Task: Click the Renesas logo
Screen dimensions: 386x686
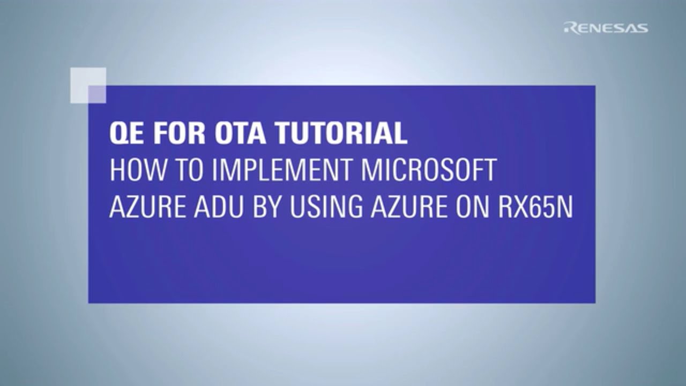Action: [x=606, y=28]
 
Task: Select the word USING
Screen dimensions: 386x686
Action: [x=326, y=207]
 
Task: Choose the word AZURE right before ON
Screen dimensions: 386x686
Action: [x=408, y=207]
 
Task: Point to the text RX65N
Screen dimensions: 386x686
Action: [x=535, y=207]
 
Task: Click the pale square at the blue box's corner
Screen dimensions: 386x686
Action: [x=88, y=85]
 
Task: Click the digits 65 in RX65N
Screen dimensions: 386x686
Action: [x=542, y=207]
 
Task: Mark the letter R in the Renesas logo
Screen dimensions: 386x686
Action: [x=570, y=28]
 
